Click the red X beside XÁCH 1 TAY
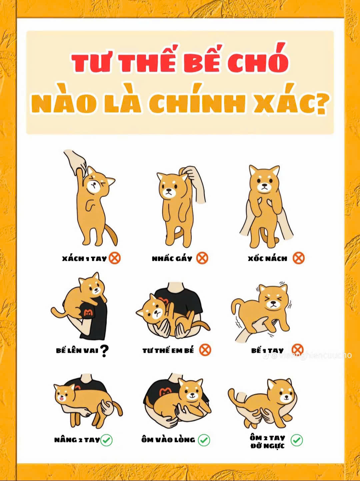(115, 258)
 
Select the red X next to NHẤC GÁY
(202, 258)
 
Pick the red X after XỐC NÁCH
(299, 258)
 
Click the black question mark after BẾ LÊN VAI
(104, 351)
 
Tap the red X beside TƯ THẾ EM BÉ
(205, 350)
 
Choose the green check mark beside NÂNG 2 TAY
(106, 440)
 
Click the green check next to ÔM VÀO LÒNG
(204, 440)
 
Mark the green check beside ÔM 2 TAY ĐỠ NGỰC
(297, 440)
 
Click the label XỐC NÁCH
(267, 258)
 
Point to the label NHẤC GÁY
(172, 258)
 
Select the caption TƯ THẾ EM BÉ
(168, 350)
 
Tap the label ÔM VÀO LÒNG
(168, 439)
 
